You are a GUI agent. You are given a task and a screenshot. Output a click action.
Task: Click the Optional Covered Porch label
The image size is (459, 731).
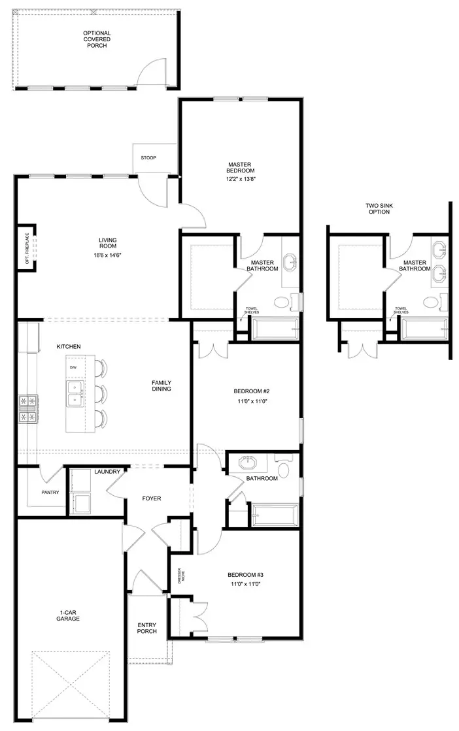(x=96, y=39)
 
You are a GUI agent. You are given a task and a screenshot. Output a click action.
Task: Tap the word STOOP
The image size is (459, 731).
(x=148, y=158)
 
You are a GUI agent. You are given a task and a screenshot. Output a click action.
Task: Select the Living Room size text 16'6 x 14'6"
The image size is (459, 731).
(x=107, y=255)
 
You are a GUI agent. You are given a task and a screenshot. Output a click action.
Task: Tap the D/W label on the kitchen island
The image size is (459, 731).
(x=73, y=368)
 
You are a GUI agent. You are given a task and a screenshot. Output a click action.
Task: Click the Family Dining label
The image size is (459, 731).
(x=161, y=385)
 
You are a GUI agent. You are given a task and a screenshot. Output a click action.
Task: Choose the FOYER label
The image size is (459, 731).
(x=151, y=498)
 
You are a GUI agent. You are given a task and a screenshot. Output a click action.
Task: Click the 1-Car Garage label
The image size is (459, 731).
(x=67, y=614)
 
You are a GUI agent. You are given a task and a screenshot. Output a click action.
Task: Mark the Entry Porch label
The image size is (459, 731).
(x=146, y=627)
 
